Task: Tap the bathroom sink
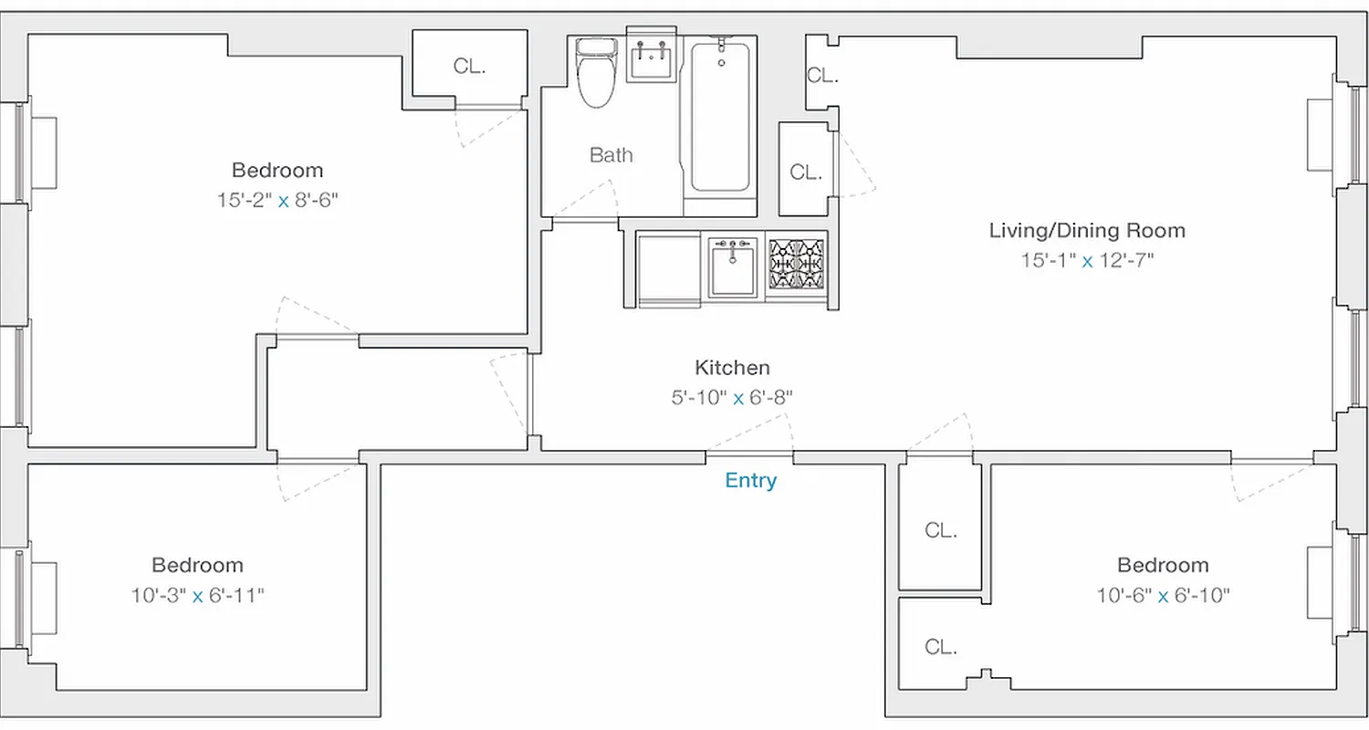coord(653,59)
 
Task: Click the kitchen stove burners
coord(797,266)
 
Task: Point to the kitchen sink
coord(733,267)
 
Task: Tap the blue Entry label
coord(750,481)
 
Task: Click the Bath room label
coord(611,155)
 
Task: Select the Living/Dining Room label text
coord(1087,230)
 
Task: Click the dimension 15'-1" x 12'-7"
coord(1087,261)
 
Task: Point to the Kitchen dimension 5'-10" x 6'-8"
coord(732,398)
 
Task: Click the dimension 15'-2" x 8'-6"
coord(277,201)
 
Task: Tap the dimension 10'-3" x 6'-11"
coord(197,597)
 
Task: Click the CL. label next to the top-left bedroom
coord(469,67)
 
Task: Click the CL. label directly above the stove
coord(804,172)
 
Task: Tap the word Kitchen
coord(732,368)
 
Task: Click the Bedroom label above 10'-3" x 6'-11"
coord(197,566)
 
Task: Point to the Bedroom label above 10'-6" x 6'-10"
coord(1163,566)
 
